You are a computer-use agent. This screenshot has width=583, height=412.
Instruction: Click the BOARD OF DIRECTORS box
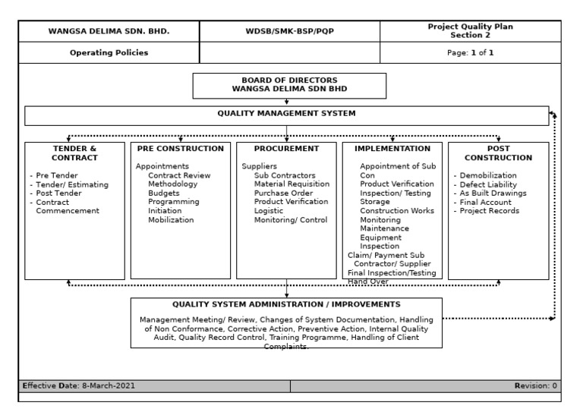289,86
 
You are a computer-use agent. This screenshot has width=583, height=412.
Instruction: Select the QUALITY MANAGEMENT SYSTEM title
286,114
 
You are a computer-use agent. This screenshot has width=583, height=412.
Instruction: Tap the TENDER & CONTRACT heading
74,153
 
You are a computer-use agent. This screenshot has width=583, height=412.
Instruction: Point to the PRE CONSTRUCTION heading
180,149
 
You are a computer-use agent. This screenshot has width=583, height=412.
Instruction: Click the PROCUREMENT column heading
286,149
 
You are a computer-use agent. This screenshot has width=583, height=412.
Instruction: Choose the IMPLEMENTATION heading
392,149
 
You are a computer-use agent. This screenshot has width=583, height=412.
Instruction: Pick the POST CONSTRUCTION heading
498,153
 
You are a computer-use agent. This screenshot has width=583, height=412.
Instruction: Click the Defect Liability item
490,184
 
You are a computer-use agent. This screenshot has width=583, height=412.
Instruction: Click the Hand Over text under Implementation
367,281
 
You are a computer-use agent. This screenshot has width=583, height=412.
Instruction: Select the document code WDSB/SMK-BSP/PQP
289,32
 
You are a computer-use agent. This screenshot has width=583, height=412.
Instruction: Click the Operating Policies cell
109,53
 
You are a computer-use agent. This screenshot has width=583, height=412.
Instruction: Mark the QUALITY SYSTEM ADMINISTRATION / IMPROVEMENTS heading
286,304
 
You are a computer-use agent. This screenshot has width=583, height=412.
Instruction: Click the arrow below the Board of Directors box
287,102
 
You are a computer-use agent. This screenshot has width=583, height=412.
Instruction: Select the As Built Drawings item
494,193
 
